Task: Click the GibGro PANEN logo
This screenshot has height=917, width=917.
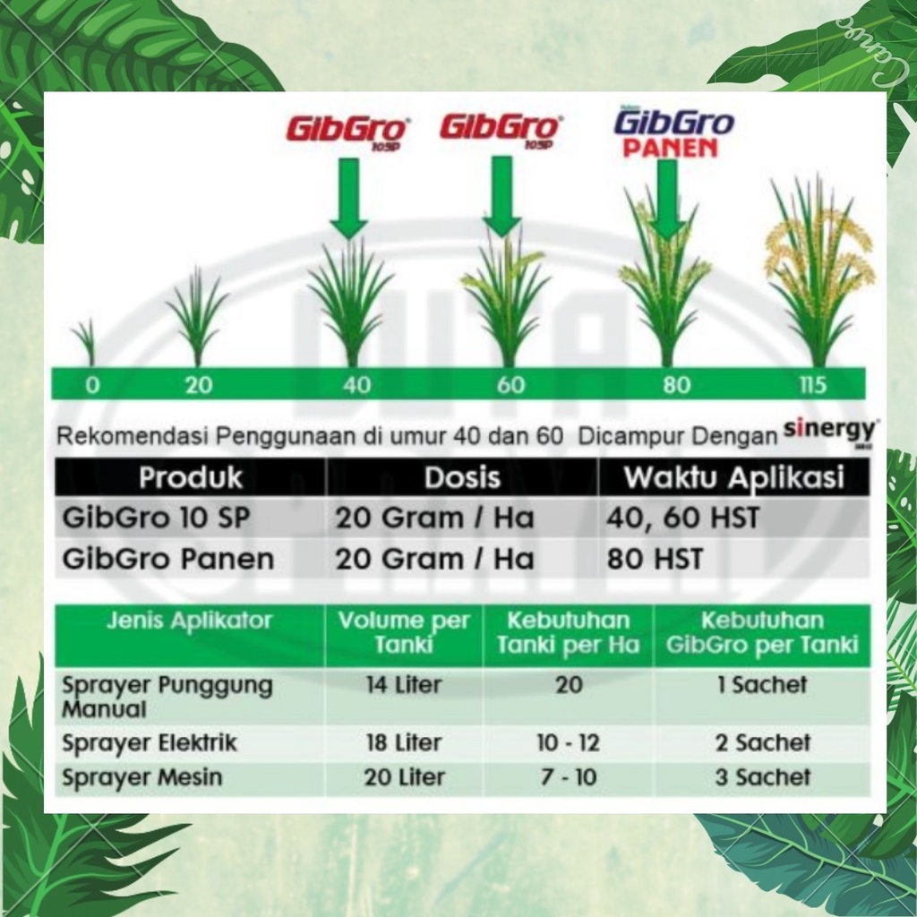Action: pyautogui.click(x=674, y=134)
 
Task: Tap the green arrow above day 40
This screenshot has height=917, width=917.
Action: pyautogui.click(x=349, y=198)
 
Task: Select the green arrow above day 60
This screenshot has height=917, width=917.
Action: pyautogui.click(x=501, y=196)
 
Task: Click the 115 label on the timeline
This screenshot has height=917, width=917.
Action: pyautogui.click(x=813, y=385)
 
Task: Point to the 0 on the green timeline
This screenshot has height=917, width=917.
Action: pyautogui.click(x=92, y=385)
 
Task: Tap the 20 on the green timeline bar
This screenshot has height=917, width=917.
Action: pyautogui.click(x=198, y=385)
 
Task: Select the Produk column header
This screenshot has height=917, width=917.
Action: pyautogui.click(x=191, y=477)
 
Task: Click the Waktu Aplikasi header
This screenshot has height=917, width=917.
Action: pyautogui.click(x=734, y=477)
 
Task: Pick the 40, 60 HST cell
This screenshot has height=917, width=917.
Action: pyautogui.click(x=682, y=518)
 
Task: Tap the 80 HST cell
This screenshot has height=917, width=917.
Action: pyautogui.click(x=655, y=559)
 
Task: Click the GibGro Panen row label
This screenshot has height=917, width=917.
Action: pyautogui.click(x=168, y=559)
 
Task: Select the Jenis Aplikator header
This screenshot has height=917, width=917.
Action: pyautogui.click(x=190, y=621)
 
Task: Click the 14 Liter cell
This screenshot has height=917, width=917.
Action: pyautogui.click(x=404, y=684)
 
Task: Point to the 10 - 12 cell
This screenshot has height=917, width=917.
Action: pyautogui.click(x=569, y=742)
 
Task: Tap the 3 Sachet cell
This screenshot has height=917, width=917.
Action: pyautogui.click(x=763, y=777)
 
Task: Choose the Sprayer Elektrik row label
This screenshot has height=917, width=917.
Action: pyautogui.click(x=150, y=742)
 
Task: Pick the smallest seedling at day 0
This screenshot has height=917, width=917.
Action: pyautogui.click(x=86, y=342)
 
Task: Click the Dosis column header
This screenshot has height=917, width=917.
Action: pyautogui.click(x=462, y=477)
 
